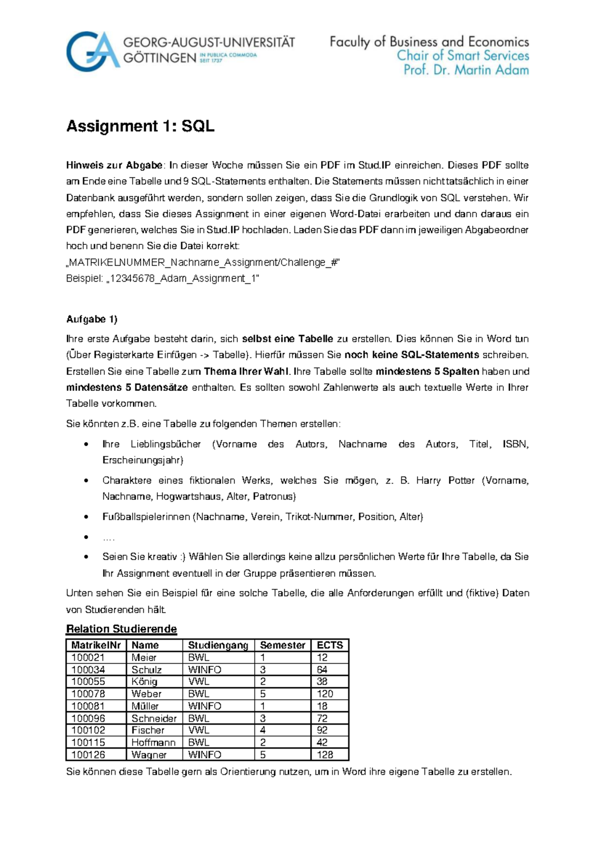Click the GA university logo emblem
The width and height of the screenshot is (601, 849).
tap(93, 51)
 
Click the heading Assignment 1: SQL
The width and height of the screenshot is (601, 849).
tap(140, 126)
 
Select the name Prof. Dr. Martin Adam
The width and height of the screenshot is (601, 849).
tap(466, 70)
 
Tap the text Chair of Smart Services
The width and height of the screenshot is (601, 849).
tap(463, 56)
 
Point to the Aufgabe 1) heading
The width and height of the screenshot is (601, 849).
tap(92, 319)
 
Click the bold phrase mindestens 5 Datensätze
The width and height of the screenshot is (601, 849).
tap(127, 387)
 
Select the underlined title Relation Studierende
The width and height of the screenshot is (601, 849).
tap(121, 629)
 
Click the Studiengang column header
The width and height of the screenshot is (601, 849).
tap(218, 645)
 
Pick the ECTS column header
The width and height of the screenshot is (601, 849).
tap(330, 645)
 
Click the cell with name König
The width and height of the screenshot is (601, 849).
tap(144, 682)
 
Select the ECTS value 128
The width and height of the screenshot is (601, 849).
tap(325, 755)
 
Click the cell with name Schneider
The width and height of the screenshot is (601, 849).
tap(154, 718)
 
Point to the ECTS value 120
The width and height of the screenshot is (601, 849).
tap(325, 694)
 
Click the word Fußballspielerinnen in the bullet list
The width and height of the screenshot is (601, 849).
tap(146, 517)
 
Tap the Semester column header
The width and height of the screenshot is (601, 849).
tap(282, 645)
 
